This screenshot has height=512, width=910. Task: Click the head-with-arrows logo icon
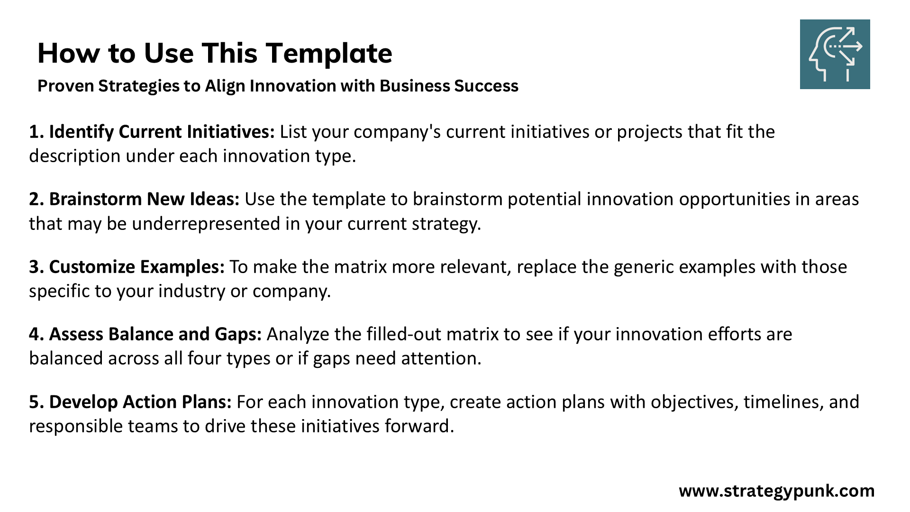(x=835, y=54)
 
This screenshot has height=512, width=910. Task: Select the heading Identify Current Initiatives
(x=162, y=132)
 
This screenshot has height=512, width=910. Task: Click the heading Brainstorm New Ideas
(x=144, y=199)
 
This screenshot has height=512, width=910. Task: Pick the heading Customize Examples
(x=136, y=267)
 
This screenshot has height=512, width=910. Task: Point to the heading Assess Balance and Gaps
(x=155, y=334)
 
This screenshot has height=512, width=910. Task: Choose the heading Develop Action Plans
(x=140, y=402)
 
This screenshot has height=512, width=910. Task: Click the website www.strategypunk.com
(x=777, y=491)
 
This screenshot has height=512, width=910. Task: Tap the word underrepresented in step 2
(x=206, y=224)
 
